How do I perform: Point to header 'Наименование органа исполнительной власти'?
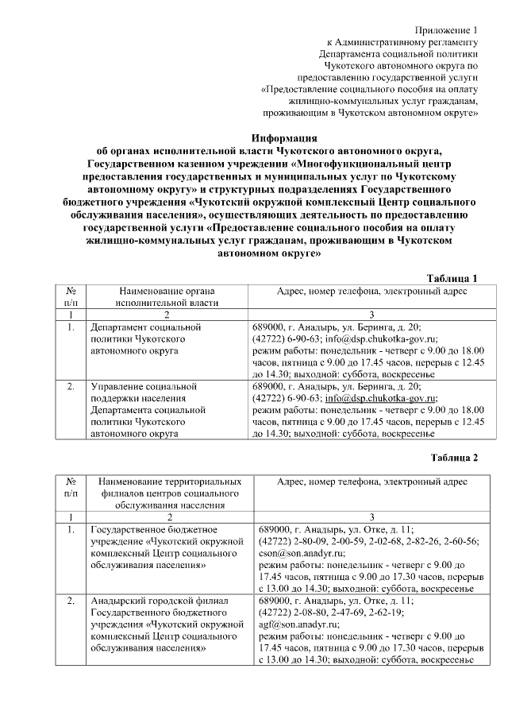click(166, 297)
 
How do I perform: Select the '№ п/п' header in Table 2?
click(71, 488)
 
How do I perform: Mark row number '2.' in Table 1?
click(71, 387)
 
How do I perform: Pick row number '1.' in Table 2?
click(71, 528)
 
